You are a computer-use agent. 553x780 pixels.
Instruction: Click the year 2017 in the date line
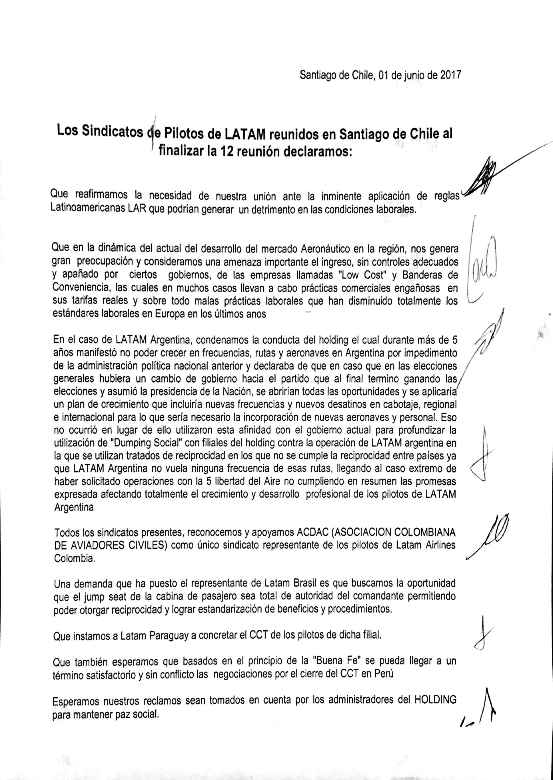point(451,75)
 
